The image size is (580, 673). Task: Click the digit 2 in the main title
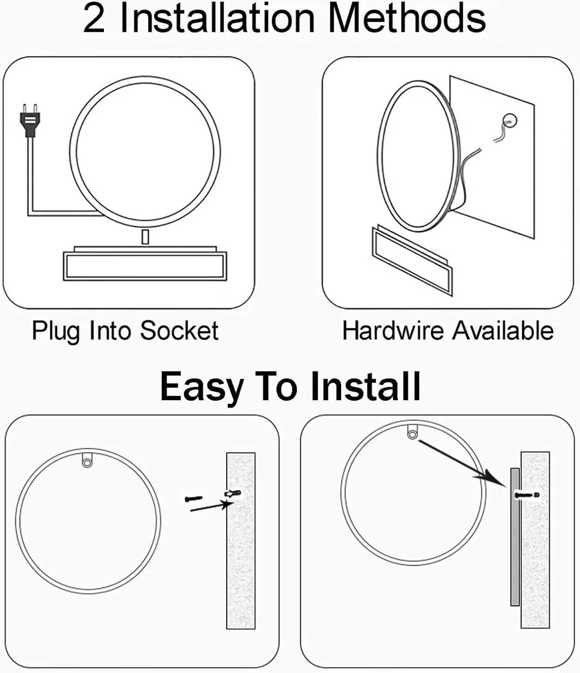coord(94,19)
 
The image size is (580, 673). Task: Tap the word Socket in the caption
coord(179,331)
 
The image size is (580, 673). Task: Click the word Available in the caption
coord(503,331)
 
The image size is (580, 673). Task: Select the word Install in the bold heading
coord(366,386)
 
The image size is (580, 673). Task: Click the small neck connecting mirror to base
coord(145,237)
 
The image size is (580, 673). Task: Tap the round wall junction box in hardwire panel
coord(510,121)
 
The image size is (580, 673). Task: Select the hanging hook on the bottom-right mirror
coord(412,432)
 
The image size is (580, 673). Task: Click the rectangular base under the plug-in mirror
coord(145,263)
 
